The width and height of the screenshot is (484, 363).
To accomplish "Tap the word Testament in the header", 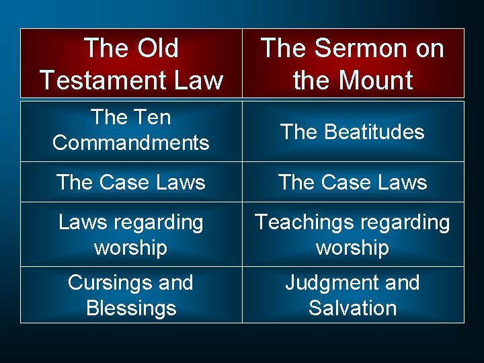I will pyautogui.click(x=99, y=81).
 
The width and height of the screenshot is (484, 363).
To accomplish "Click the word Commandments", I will pyautogui.click(x=131, y=143).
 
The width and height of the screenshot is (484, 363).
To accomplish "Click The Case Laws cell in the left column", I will pyautogui.click(x=131, y=182).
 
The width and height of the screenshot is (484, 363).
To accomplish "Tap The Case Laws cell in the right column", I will pyautogui.click(x=353, y=182).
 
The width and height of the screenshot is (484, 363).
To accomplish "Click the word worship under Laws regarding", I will pyautogui.click(x=131, y=248).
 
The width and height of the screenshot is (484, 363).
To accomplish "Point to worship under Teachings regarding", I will pyautogui.click(x=353, y=248).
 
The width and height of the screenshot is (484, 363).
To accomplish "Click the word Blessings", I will pyautogui.click(x=131, y=309).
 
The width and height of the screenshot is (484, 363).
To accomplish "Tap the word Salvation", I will pyautogui.click(x=353, y=309).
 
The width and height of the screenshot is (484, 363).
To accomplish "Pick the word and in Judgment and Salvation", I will pyautogui.click(x=399, y=283).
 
